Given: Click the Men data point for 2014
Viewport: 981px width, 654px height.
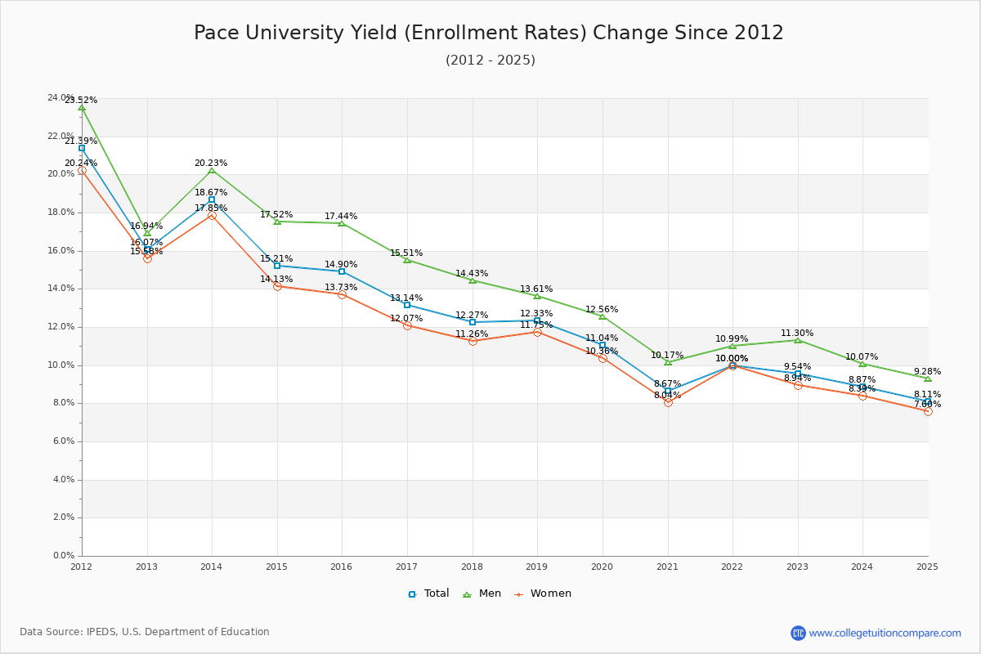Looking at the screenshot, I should (212, 170).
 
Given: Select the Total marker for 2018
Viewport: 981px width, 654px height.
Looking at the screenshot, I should (473, 322).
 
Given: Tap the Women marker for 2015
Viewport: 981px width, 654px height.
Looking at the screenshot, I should (277, 286).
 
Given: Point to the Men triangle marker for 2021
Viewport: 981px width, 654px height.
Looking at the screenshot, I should (668, 362).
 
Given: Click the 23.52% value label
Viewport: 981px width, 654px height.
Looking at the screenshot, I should (81, 101).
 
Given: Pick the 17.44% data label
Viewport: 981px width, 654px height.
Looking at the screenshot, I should (341, 217).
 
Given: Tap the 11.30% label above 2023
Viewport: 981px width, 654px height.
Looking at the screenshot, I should (797, 334).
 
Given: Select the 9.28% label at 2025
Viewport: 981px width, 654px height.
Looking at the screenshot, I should (927, 372).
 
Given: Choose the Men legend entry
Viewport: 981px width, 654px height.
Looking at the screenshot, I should (483, 594).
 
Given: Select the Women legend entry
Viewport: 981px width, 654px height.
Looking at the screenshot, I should (543, 594).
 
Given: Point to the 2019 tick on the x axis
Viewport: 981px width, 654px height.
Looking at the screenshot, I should (537, 566).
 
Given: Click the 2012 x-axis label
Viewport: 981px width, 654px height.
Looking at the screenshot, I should (81, 566).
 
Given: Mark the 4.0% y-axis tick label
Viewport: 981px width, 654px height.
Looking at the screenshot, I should (63, 480).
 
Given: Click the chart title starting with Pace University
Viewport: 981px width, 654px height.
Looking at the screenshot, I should (489, 33).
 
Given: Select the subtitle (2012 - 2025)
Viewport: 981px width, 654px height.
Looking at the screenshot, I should (490, 60).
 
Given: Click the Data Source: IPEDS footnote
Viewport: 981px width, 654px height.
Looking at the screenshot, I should (145, 632).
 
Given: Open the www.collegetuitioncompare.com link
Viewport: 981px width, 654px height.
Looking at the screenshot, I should (885, 633).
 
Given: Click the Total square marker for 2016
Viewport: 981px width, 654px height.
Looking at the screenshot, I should (342, 271).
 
